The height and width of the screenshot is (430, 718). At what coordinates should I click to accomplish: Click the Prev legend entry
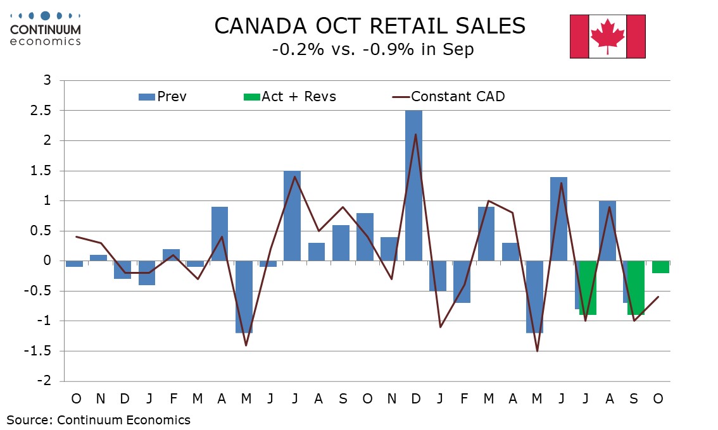pyautogui.click(x=163, y=97)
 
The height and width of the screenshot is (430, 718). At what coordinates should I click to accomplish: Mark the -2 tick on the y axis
pyautogui.click(x=46, y=381)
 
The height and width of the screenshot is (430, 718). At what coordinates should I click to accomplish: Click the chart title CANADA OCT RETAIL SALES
pyautogui.click(x=370, y=26)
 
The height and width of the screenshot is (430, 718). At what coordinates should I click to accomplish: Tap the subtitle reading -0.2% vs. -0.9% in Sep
pyautogui.click(x=372, y=50)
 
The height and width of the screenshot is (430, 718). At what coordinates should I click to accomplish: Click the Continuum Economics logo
pyautogui.click(x=46, y=28)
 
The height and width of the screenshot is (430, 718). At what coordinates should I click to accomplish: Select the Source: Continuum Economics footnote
pyautogui.click(x=98, y=420)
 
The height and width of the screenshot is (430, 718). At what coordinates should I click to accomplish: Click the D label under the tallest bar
pyautogui.click(x=415, y=399)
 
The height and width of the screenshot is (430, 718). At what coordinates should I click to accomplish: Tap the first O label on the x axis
pyautogui.click(x=76, y=399)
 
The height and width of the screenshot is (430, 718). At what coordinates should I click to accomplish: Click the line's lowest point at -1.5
pyautogui.click(x=537, y=351)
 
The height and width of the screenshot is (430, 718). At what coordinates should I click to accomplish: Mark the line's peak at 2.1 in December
pyautogui.click(x=415, y=135)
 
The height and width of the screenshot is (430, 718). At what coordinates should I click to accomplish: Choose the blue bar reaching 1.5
pyautogui.click(x=292, y=216)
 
